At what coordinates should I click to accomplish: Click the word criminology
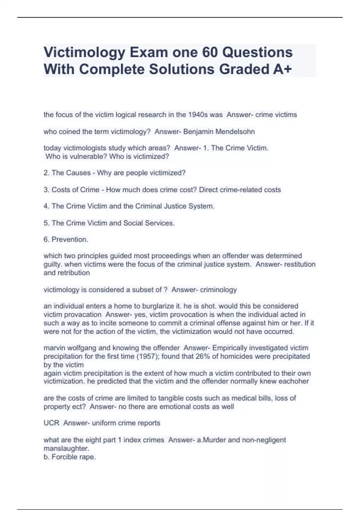coord(218,289)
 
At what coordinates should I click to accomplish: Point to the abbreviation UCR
coord(51,423)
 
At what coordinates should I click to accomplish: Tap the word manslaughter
coord(66,448)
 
